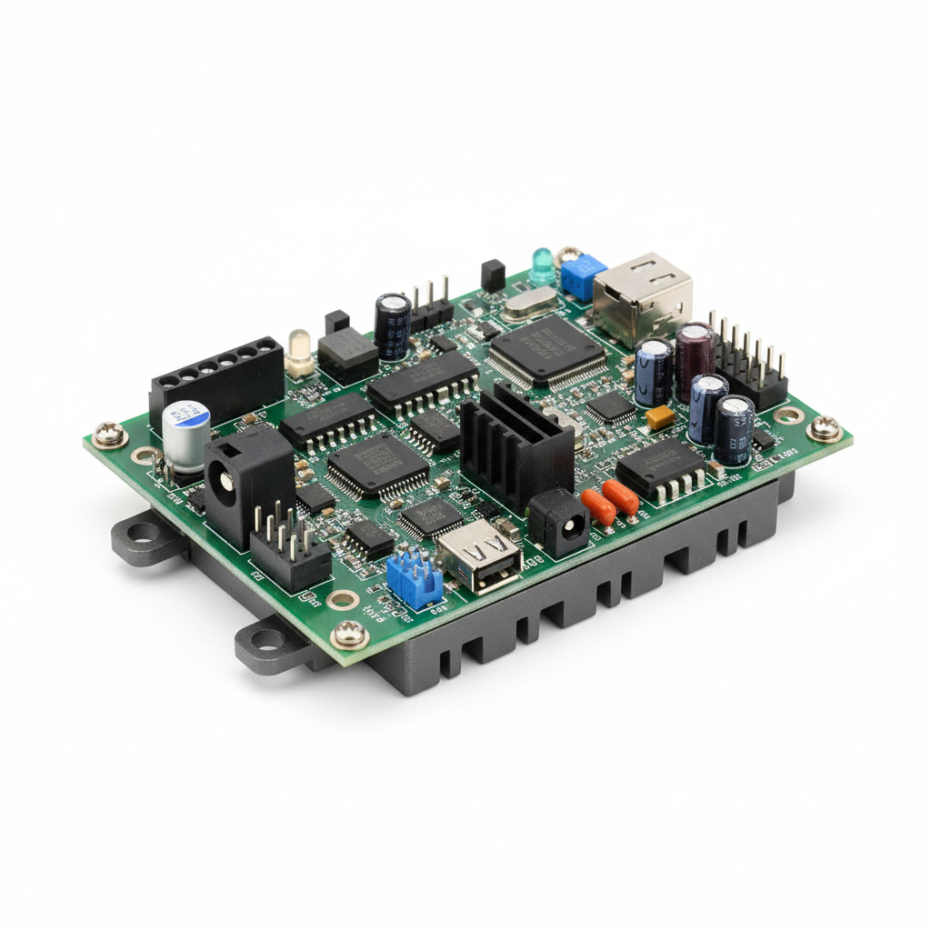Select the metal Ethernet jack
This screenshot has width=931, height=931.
pyautogui.click(x=642, y=295)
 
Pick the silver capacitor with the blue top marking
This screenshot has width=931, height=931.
pyautogui.click(x=186, y=435)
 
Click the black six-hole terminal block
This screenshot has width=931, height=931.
pyautogui.click(x=216, y=375)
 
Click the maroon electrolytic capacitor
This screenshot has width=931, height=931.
pyautogui.click(x=695, y=359)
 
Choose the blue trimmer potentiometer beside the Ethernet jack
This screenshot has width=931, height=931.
pyautogui.click(x=583, y=275)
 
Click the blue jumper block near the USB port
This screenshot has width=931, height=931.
pyautogui.click(x=414, y=577)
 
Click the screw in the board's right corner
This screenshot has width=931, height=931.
pyautogui.click(x=825, y=427)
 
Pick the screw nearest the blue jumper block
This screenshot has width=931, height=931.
pyautogui.click(x=349, y=633)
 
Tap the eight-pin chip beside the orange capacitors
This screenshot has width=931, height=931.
pyautogui.click(x=662, y=468)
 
